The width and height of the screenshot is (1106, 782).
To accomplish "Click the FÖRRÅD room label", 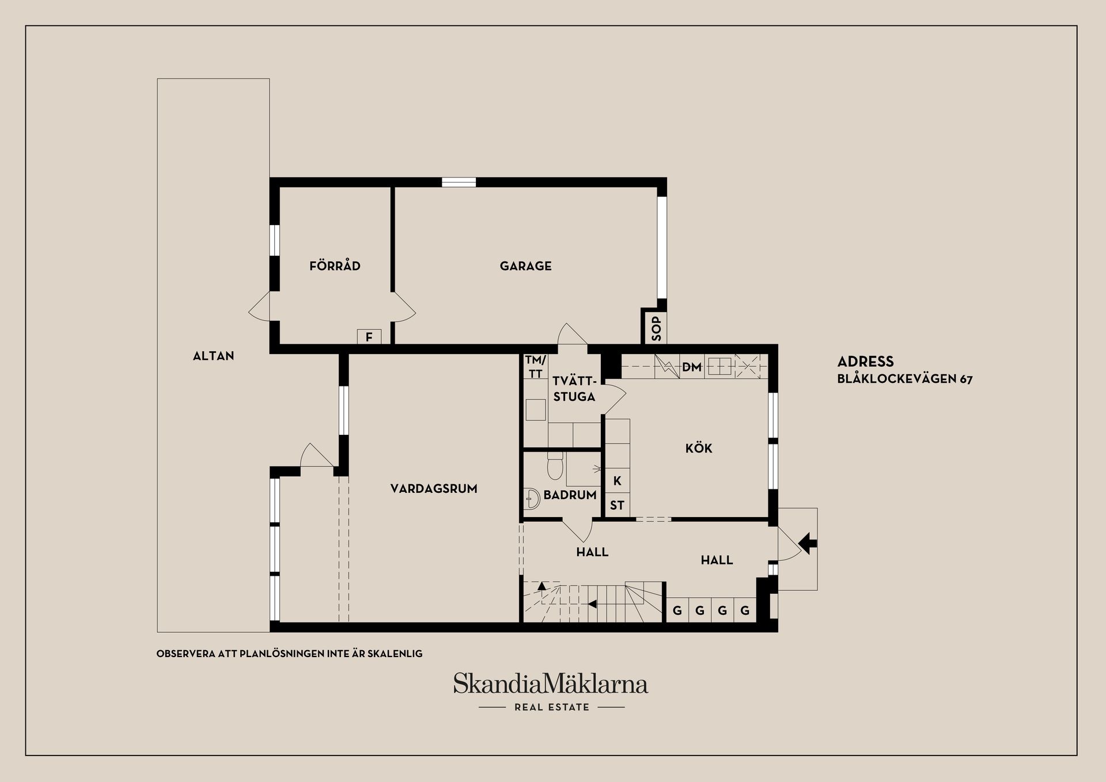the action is (335, 265).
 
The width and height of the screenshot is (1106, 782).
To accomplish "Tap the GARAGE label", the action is (525, 266).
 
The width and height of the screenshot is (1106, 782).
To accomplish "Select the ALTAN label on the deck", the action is (213, 356).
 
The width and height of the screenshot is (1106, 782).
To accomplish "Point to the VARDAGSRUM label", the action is (434, 489).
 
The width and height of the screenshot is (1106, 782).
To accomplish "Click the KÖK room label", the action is (699, 448).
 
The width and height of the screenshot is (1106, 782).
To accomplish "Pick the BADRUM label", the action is (570, 495).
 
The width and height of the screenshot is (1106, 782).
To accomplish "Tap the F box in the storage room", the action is (369, 336).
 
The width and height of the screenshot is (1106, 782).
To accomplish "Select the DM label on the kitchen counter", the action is (691, 367).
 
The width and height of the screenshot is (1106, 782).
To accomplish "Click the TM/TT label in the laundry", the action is (535, 367).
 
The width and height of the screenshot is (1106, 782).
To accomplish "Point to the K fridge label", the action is (618, 481).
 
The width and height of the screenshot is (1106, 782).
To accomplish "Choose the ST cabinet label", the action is (617, 506).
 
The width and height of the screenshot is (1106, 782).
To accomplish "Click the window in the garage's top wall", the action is (459, 183).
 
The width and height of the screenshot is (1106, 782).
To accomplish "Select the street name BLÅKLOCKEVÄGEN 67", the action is (904, 379).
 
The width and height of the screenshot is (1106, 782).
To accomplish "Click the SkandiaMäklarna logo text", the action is (551, 684).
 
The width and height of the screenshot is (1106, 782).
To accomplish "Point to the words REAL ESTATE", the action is (552, 707).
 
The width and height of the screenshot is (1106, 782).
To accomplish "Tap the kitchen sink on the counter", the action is (720, 366).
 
